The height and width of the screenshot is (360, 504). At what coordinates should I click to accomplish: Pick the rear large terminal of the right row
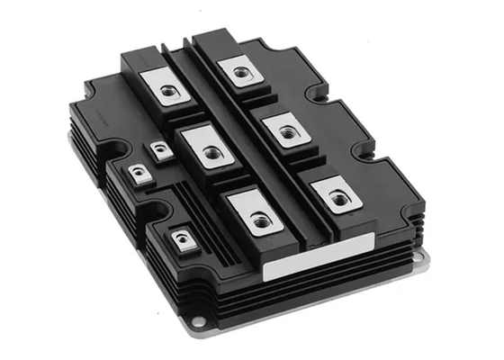coord(240,70)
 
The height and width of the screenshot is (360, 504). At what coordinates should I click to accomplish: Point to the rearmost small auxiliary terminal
coord(162,151)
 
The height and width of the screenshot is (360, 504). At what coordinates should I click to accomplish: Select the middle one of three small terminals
coord(137,173)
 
